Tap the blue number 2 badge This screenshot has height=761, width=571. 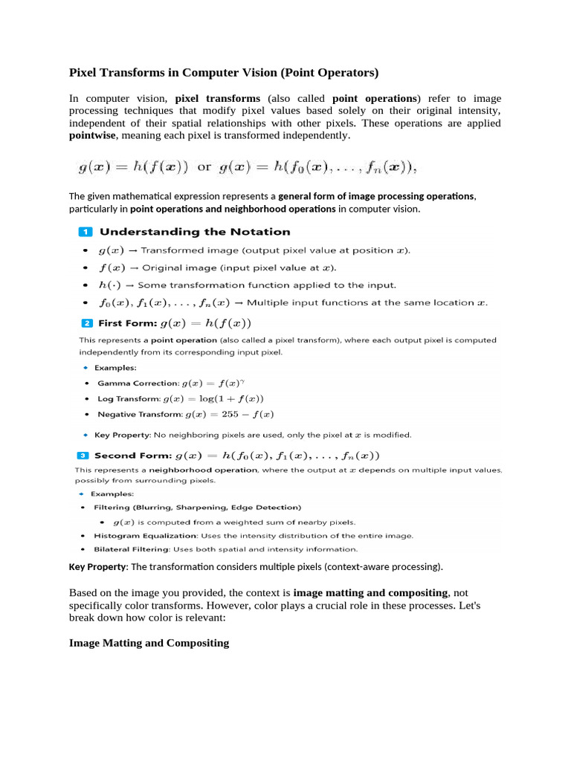click(86, 323)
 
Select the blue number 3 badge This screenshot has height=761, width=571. click(83, 455)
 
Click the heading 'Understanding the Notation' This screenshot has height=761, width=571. click(195, 232)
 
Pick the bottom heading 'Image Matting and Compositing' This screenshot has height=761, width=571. click(149, 643)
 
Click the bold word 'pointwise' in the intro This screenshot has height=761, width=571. click(92, 135)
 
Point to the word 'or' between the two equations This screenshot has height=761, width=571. click(204, 167)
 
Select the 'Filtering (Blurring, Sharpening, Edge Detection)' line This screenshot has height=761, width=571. click(197, 507)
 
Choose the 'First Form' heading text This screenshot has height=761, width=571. click(127, 323)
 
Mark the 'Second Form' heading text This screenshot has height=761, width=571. click(131, 455)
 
